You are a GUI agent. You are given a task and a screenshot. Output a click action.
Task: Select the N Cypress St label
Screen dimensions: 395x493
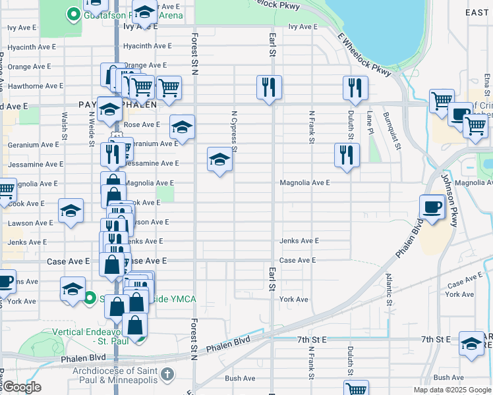click(x=234, y=130)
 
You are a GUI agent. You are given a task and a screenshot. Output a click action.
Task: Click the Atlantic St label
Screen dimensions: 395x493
click(x=389, y=290)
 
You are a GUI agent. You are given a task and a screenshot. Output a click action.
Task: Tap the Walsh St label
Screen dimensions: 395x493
click(x=65, y=125)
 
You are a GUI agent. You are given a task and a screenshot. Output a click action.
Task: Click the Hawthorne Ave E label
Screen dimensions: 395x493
click(x=32, y=86)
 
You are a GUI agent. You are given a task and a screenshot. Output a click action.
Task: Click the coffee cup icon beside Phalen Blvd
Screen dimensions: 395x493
click(x=432, y=207)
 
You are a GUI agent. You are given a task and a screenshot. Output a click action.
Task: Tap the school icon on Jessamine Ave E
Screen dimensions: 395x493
click(x=219, y=159)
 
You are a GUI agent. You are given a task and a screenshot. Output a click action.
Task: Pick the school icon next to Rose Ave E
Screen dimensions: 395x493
click(x=182, y=126)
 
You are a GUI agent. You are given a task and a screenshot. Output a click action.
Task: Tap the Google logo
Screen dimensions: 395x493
click(x=21, y=387)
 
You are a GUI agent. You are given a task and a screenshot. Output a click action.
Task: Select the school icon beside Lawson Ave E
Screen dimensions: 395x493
click(x=71, y=211)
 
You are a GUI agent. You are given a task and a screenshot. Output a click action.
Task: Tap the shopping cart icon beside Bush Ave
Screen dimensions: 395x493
click(x=355, y=388)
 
